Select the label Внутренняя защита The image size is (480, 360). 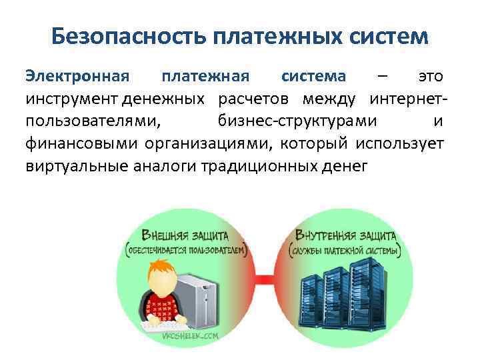[x=345, y=235]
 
